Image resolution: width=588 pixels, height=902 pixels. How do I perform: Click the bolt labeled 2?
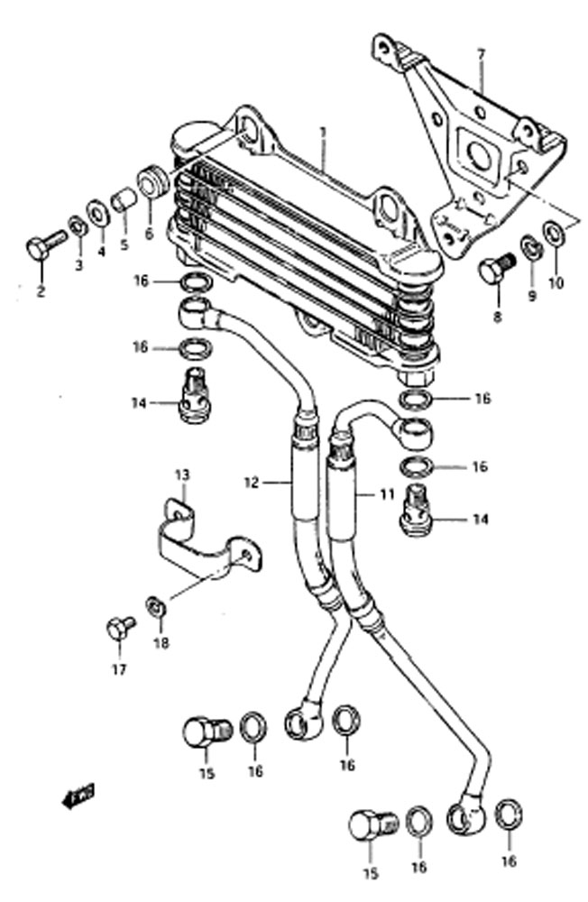(x=45, y=244)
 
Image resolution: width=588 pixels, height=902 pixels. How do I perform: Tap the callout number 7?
(x=481, y=55)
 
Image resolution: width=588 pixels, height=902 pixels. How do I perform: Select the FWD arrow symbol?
(x=78, y=796)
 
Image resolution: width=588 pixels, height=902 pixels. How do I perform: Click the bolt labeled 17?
(x=120, y=627)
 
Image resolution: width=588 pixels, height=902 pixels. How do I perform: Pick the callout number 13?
(x=182, y=475)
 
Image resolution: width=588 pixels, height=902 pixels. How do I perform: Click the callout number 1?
(x=323, y=133)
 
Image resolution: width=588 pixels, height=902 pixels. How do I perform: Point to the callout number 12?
(x=252, y=482)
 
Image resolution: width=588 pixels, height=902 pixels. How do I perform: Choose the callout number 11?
(x=387, y=493)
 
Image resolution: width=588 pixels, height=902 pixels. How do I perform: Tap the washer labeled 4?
(x=99, y=214)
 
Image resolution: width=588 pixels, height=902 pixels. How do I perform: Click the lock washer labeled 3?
(x=77, y=227)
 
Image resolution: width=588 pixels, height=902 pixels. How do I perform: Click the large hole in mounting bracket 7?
(x=479, y=153)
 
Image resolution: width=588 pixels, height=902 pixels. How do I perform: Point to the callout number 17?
(x=118, y=669)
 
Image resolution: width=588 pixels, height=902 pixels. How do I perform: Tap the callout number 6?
(x=149, y=235)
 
